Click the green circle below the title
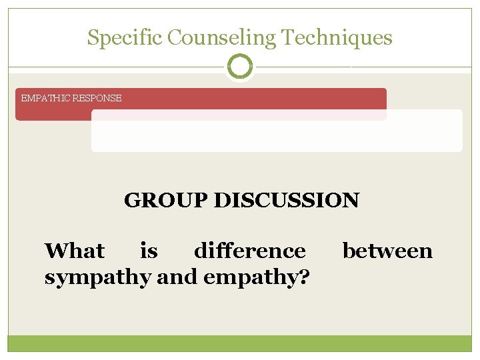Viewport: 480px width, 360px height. pyautogui.click(x=240, y=67)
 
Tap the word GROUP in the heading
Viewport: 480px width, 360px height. pyautogui.click(x=166, y=200)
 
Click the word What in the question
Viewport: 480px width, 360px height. pyautogui.click(x=74, y=251)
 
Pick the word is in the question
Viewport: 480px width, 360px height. pyautogui.click(x=149, y=251)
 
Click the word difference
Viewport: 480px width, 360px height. pyautogui.click(x=249, y=251)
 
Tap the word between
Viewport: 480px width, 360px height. pyautogui.click(x=387, y=251)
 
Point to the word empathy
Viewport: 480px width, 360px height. pyautogui.click(x=250, y=276)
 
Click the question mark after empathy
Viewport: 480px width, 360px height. pyautogui.click(x=304, y=276)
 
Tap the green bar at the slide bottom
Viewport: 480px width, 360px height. pyautogui.click(x=240, y=343)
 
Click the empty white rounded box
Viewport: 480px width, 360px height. pyautogui.click(x=277, y=136)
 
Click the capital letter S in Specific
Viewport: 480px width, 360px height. pyautogui.click(x=92, y=38)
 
